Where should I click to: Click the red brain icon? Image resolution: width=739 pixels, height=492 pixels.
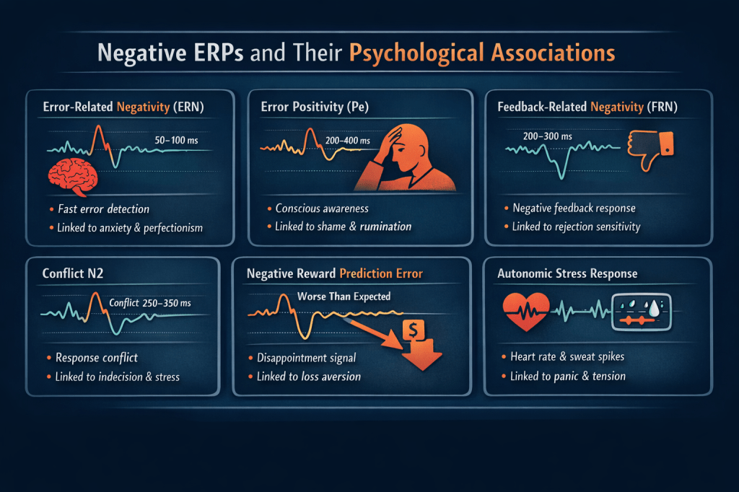pyautogui.click(x=73, y=177)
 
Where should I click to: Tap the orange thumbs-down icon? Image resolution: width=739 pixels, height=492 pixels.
pyautogui.click(x=650, y=149)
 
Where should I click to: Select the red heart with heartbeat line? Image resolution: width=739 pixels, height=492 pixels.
pyautogui.click(x=526, y=311)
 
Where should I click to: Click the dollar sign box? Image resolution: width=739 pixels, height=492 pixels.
pyautogui.click(x=414, y=330)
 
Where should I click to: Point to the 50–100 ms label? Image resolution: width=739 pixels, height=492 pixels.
pyautogui.click(x=176, y=140)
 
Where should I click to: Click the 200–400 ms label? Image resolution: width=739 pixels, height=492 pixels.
pyautogui.click(x=347, y=141)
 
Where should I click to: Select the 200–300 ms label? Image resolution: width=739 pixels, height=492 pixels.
pyautogui.click(x=547, y=136)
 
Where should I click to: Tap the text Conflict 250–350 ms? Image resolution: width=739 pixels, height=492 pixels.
pyautogui.click(x=150, y=302)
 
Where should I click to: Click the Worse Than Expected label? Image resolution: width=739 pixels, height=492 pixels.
pyautogui.click(x=344, y=296)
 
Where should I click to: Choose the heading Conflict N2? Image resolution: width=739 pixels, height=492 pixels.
pyautogui.click(x=73, y=273)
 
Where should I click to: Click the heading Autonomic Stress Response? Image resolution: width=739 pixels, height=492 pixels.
pyautogui.click(x=567, y=273)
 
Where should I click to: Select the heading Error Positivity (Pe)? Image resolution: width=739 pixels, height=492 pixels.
pyautogui.click(x=315, y=107)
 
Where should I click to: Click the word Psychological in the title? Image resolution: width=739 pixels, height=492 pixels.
pyautogui.click(x=416, y=53)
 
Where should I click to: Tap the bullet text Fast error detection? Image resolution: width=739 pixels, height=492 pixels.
pyautogui.click(x=103, y=208)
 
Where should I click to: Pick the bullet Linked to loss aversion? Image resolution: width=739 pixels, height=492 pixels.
pyautogui.click(x=309, y=377)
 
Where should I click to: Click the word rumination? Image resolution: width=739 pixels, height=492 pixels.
pyautogui.click(x=385, y=227)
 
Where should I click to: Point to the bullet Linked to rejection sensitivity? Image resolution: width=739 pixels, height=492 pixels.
pyautogui.click(x=576, y=227)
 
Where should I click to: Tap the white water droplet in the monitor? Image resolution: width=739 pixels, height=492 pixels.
pyautogui.click(x=654, y=309)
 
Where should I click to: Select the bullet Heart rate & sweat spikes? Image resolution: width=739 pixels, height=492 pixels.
pyautogui.click(x=567, y=357)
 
